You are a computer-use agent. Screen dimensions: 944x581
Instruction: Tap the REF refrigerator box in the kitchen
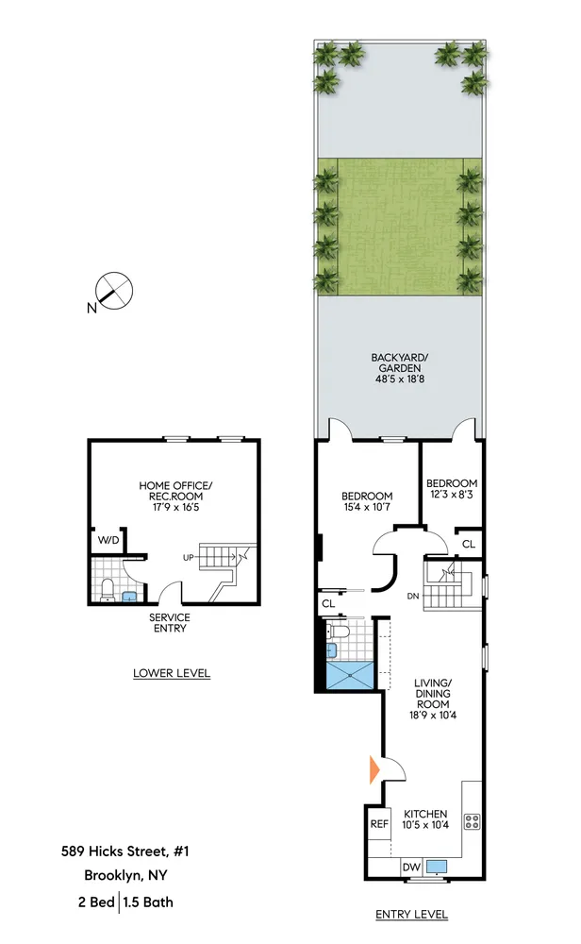pos(379,824)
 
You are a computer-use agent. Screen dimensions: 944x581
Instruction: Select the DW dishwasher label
pos(410,867)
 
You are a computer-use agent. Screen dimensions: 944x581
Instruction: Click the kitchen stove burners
pos(473,820)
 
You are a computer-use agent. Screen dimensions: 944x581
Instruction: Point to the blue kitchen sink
pos(437,866)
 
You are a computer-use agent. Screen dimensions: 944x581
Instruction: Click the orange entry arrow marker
pos(374,768)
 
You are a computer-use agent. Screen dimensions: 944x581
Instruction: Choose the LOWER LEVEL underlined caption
pos(172,673)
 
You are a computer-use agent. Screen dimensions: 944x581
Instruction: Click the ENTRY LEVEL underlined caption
pos(411,914)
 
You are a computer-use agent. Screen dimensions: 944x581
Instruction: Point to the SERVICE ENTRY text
pos(170,624)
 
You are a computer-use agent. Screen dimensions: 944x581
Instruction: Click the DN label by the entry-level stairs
pos(412,596)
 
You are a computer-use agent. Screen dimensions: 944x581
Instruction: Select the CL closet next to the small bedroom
pos(469,545)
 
